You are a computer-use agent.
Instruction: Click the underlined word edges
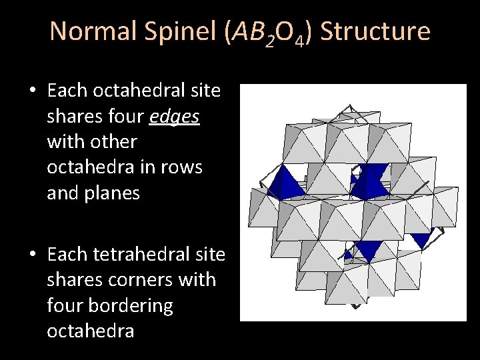click(175, 116)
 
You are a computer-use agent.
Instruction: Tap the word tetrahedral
click(150, 255)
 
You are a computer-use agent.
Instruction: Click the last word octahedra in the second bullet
click(90, 331)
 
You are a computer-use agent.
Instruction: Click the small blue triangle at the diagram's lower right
click(421, 240)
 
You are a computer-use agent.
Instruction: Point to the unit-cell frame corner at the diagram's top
click(348, 107)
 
